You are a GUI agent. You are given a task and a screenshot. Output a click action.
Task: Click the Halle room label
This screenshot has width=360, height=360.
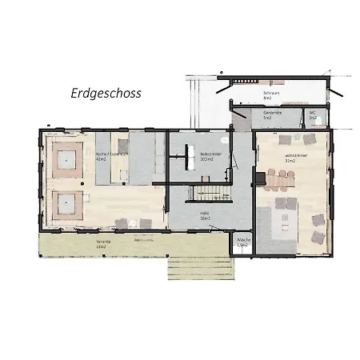pos(204,212)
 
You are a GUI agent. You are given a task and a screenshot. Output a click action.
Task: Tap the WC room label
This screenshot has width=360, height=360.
pos(313,114)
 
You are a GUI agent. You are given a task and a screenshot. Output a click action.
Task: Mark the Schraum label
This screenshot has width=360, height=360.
pos(270,93)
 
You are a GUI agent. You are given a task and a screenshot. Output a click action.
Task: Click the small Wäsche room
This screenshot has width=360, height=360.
pos(242,243)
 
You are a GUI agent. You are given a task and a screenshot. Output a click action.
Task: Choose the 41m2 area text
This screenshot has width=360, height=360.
pos(101,158)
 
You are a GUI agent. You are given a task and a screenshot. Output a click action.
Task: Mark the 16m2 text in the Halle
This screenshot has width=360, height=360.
pos(205,218)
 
